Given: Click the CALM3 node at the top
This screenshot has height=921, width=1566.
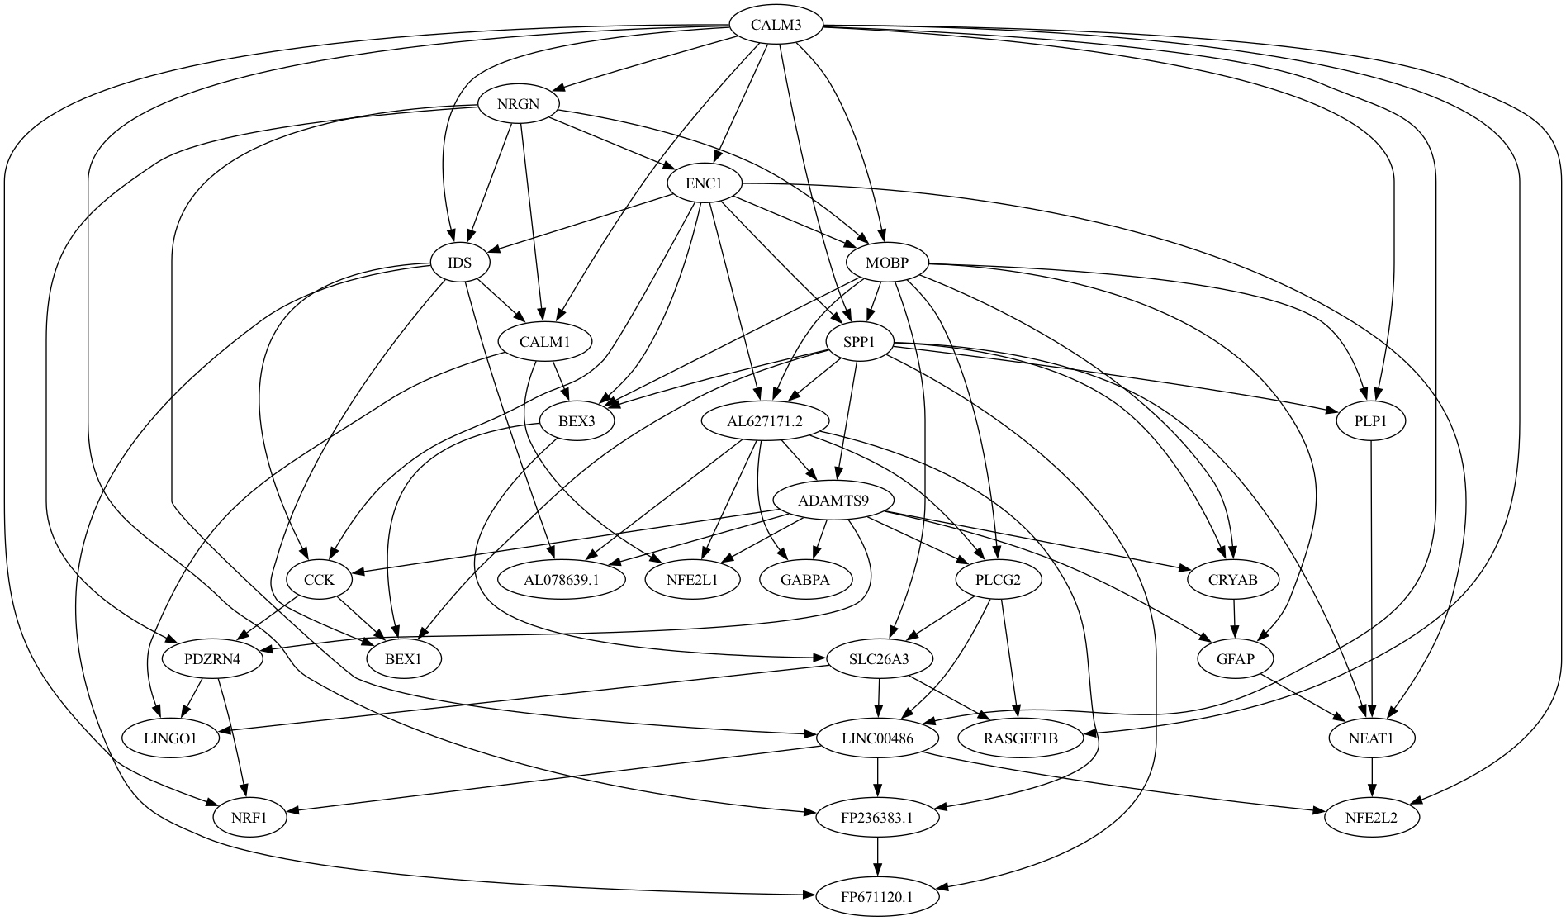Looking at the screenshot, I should [x=776, y=25].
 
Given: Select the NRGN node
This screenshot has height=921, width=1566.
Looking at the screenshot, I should [x=517, y=105].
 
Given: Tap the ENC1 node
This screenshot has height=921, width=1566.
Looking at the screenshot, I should [x=704, y=184].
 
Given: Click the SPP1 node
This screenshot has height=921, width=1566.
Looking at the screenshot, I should [x=859, y=342].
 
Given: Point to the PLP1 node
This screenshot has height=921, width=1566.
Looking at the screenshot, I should [x=1370, y=421].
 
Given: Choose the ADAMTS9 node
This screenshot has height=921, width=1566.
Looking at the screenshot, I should [x=833, y=501].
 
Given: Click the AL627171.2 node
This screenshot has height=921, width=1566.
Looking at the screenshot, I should [x=765, y=421].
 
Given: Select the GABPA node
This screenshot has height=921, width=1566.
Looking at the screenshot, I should [x=804, y=580].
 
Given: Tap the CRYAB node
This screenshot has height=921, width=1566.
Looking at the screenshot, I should [x=1233, y=580].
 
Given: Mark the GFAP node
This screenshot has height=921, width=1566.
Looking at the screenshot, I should [x=1236, y=659].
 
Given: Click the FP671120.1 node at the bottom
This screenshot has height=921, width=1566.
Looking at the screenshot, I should [x=877, y=897].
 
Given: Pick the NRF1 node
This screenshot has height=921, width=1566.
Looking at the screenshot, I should [x=249, y=818].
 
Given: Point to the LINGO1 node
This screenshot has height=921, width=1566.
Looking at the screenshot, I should [x=170, y=738].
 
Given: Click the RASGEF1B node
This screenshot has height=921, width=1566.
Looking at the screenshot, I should [x=1020, y=738].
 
